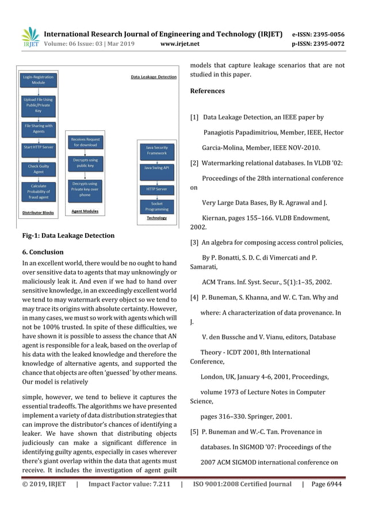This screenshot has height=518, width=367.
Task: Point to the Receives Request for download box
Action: pos(85,142)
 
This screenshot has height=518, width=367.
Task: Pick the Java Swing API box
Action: pos(157,168)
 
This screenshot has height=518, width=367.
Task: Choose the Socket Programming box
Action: pos(157,206)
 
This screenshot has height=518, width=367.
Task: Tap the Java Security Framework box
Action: pos(157,150)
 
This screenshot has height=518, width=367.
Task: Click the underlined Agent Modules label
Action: pos(85,211)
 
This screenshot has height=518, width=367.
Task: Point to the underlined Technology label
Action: pos(156,218)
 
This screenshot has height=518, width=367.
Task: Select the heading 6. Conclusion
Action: pos(42,252)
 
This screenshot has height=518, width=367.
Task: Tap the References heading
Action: pos(207,91)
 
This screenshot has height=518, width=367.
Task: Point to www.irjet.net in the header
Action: pos(180,43)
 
